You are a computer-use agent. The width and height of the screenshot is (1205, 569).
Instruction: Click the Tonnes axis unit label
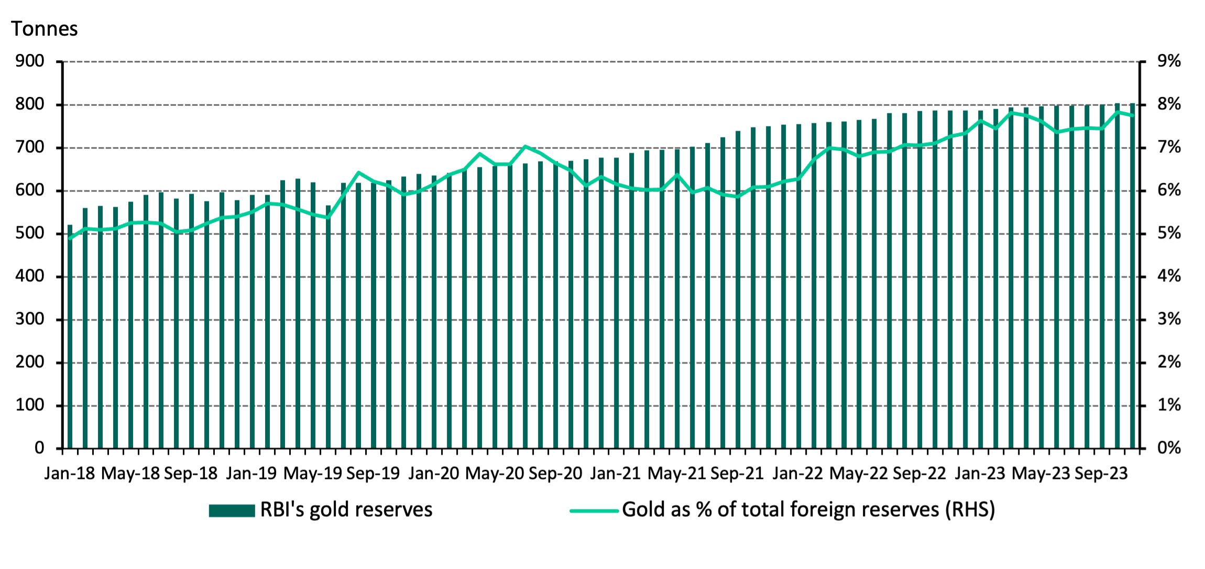click(x=44, y=29)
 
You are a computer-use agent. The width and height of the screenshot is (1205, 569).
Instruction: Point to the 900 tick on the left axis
click(x=30, y=61)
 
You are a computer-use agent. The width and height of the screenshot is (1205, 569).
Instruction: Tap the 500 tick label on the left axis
click(x=30, y=233)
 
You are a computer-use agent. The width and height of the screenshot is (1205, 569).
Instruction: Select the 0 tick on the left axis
click(x=39, y=448)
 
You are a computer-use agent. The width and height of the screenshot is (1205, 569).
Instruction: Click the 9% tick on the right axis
click(x=1169, y=61)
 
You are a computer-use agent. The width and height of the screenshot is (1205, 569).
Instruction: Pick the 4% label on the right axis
click(x=1169, y=276)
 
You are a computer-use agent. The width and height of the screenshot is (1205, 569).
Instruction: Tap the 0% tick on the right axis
click(x=1169, y=448)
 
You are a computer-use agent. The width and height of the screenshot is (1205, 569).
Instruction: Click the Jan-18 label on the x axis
click(x=69, y=474)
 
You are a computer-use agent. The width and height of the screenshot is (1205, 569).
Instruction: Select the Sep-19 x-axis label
click(x=373, y=474)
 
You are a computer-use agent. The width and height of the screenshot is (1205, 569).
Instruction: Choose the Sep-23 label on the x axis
click(x=1101, y=474)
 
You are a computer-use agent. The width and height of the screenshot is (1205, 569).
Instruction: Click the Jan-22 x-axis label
click(x=798, y=474)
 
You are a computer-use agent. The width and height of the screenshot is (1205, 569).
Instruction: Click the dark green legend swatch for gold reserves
click(x=232, y=510)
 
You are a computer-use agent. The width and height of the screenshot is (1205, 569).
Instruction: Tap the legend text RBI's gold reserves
click(x=346, y=510)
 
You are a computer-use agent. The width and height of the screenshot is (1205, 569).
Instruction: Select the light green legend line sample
click(x=594, y=510)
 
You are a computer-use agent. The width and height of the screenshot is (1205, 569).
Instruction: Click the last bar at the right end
click(x=1132, y=278)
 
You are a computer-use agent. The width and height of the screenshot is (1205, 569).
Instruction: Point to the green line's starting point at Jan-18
click(x=70, y=238)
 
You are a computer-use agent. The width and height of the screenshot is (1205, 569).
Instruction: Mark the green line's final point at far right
click(x=1133, y=115)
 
